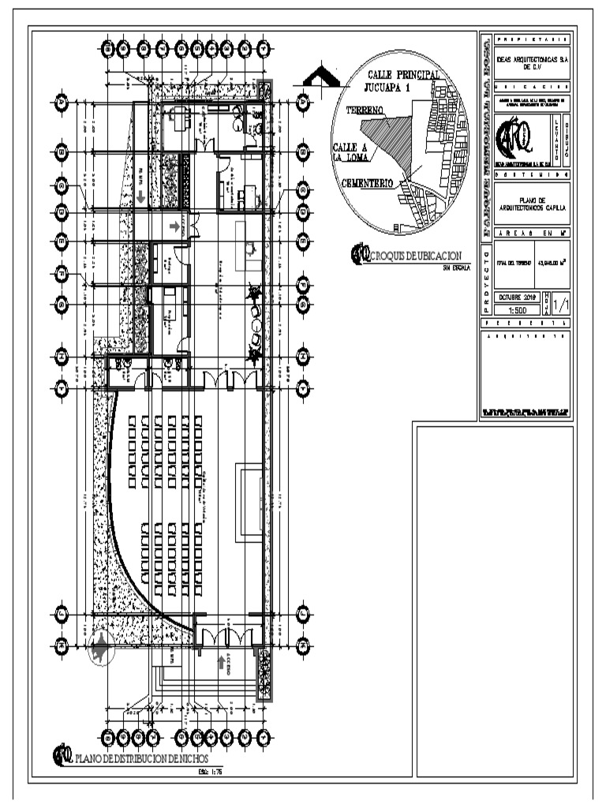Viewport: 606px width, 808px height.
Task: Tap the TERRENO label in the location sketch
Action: point(364,110)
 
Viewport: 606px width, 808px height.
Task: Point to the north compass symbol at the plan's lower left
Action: point(100,649)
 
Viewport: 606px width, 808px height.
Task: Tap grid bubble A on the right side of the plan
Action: point(303,103)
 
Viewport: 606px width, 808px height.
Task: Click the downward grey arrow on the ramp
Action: point(140,196)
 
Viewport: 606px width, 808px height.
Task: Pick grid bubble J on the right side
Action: point(303,614)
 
